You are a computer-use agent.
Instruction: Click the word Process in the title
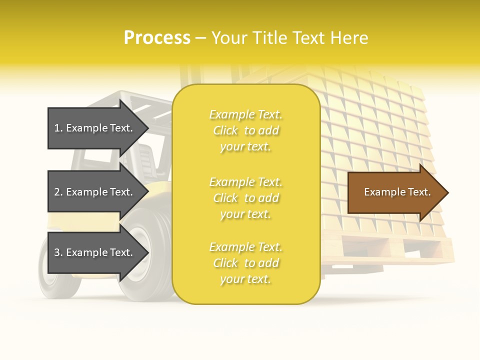(x=157, y=37)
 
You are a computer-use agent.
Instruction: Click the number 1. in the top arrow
(x=58, y=128)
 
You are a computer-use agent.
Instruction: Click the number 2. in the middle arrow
(x=58, y=192)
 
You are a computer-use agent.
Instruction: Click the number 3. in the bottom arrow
(x=58, y=252)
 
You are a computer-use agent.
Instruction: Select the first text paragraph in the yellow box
(x=245, y=130)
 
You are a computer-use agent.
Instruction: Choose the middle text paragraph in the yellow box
(x=245, y=198)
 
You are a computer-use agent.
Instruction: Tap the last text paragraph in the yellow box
(x=245, y=263)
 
